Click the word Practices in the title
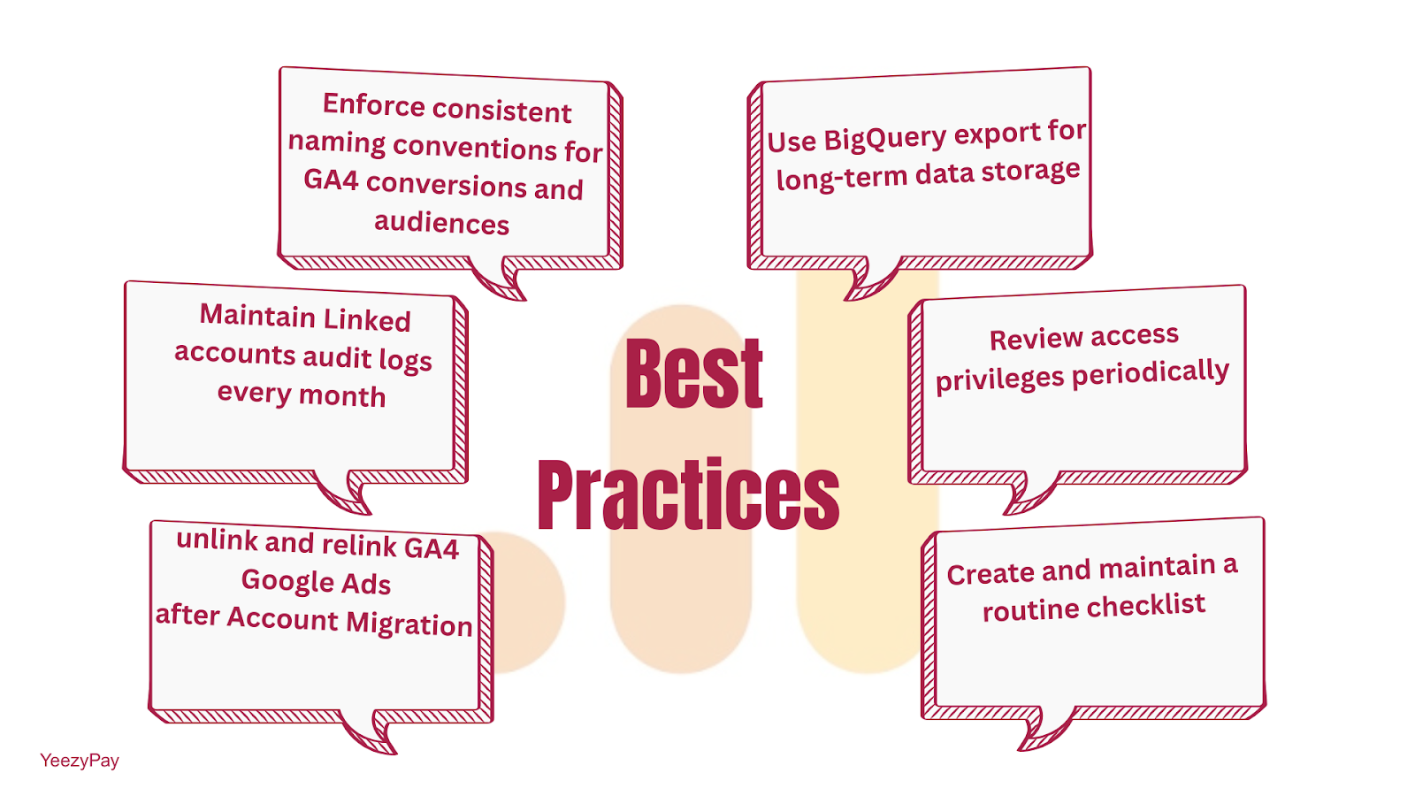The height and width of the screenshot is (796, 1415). point(689,494)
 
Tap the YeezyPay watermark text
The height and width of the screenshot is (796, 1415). point(79,760)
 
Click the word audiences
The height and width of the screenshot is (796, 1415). point(441,222)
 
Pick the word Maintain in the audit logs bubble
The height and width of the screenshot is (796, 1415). point(257,315)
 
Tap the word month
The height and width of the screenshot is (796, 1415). point(341,396)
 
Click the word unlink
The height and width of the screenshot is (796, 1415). point(218,540)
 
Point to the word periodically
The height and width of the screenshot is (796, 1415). point(1151,372)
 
